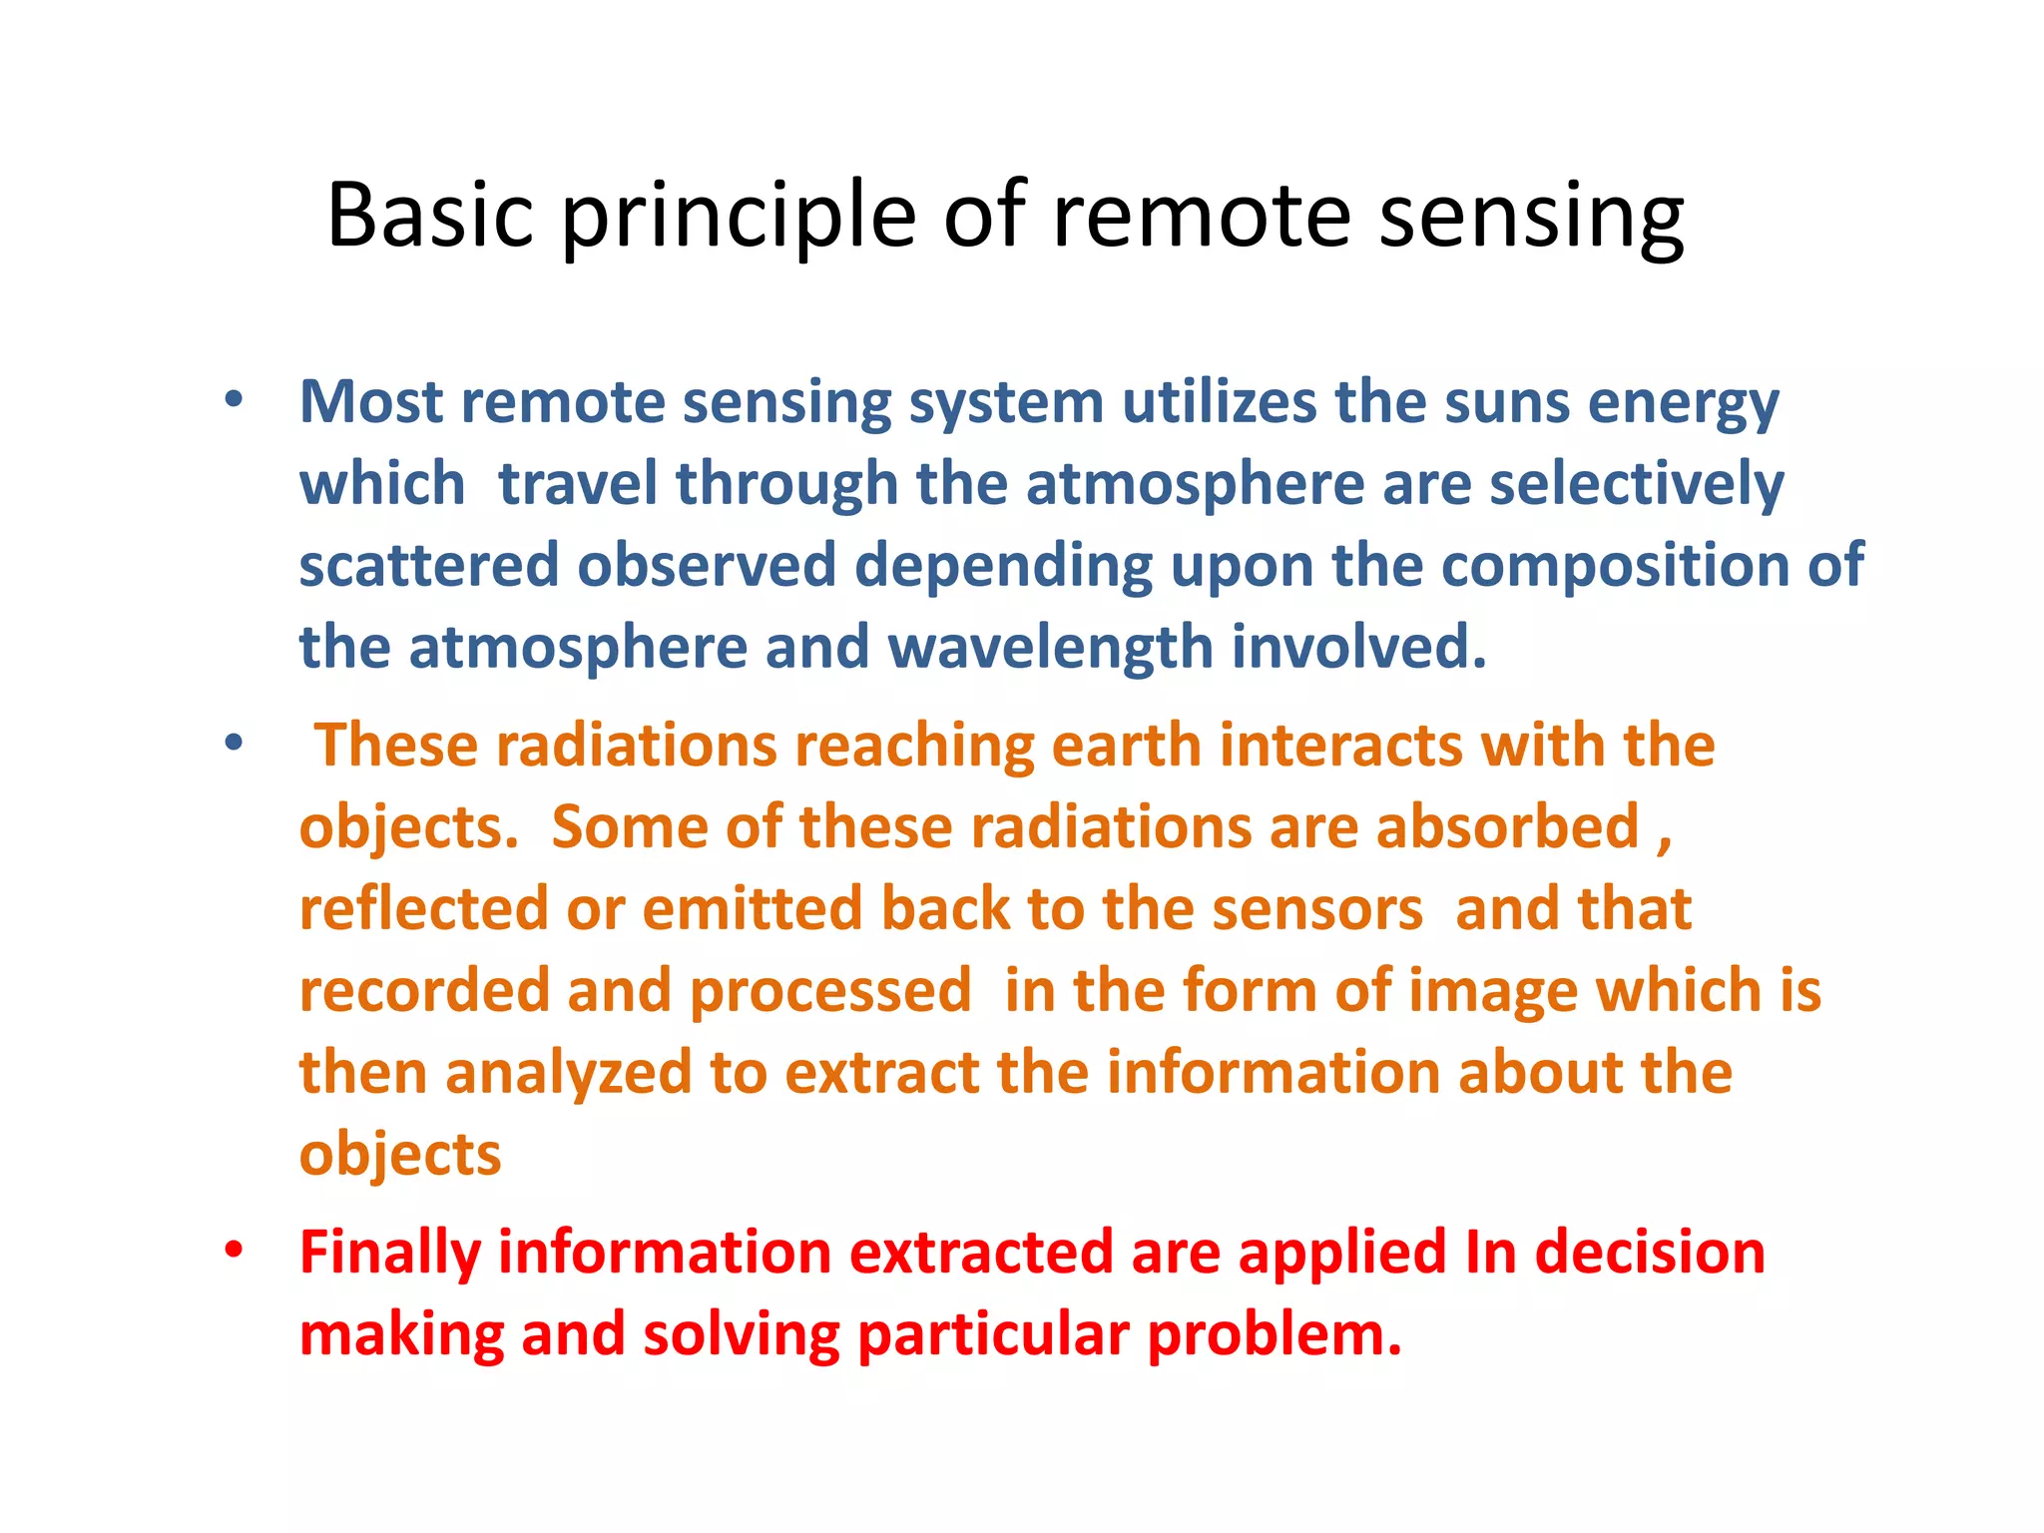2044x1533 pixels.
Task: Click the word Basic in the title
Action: coord(430,216)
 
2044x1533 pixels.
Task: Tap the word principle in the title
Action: coord(739,216)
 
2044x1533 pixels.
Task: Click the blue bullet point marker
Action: coord(234,401)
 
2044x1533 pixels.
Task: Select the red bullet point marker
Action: coord(234,1251)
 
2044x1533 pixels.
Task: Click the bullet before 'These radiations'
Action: coord(234,744)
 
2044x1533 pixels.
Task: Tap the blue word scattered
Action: coord(429,566)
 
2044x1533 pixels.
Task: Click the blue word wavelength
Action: coord(1049,648)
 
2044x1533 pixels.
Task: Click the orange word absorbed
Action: coord(1507,827)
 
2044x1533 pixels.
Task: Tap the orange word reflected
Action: coord(424,909)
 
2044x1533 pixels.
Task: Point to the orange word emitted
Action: coord(753,909)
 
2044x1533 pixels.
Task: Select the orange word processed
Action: coord(829,991)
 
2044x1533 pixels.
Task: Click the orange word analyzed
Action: coord(568,1073)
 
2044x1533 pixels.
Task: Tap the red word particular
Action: coord(993,1335)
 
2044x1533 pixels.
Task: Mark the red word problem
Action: coord(1274,1335)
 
